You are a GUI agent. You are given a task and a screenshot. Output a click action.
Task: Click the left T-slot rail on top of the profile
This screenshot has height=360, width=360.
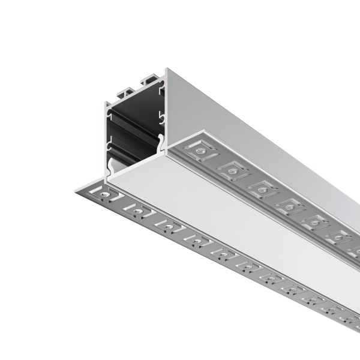coord(124,91)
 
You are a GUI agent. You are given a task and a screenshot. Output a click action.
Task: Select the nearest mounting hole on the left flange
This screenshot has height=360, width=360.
coord(107,196)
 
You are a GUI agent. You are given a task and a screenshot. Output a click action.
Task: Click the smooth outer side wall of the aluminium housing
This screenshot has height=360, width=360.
coord(252,120)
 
